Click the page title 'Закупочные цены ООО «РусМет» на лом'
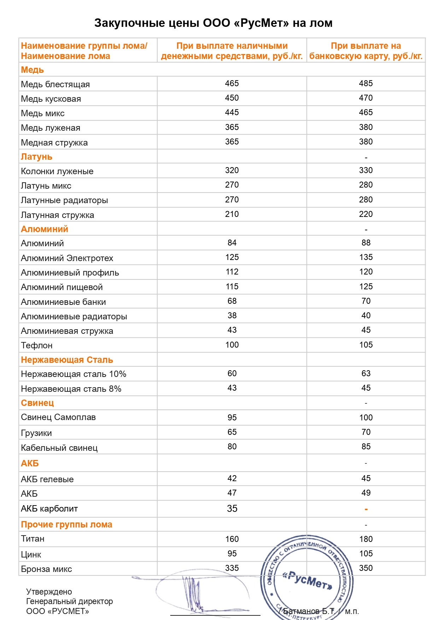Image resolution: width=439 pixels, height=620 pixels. tap(213, 23)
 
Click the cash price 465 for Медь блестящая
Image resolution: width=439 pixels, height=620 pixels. tap(232, 83)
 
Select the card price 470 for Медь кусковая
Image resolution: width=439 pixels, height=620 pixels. tap(366, 98)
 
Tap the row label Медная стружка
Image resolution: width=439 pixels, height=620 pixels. tap(54, 143)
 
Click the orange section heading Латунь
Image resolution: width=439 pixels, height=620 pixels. tap(36, 157)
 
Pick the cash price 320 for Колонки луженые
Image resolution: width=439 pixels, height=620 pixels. tap(232, 170)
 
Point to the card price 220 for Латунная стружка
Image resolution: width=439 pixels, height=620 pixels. tap(366, 214)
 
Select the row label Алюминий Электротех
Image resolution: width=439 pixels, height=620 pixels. tap(67, 258)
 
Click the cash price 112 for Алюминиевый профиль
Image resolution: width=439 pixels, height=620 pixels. tap(232, 272)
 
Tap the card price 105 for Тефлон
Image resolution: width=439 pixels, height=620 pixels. tap(366, 345)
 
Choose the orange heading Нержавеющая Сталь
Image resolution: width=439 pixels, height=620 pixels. tap(67, 360)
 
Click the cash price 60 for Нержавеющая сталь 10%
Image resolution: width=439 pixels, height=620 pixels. tap(232, 373)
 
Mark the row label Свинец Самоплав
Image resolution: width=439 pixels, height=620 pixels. tap(58, 417)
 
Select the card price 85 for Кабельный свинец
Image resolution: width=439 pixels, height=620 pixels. tap(366, 447)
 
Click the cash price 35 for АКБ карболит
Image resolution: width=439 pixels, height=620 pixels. tap(232, 509)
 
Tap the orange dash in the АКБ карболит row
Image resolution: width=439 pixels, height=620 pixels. tap(366, 509)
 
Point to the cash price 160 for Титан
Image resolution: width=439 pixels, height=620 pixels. tap(232, 539)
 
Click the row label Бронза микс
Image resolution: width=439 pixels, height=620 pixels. tap(46, 569)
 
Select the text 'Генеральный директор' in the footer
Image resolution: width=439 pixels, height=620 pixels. tap(69, 601)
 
